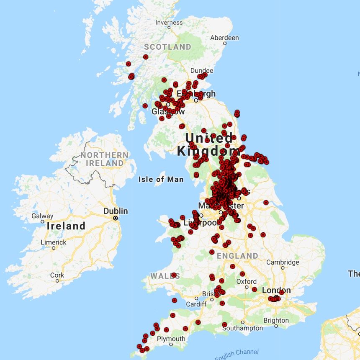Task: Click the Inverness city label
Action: click(x=169, y=23)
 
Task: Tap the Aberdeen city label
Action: click(x=224, y=38)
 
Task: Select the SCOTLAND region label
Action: click(x=167, y=47)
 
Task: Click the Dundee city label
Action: click(x=202, y=71)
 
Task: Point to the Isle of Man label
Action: click(x=161, y=180)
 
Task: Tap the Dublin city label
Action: click(x=116, y=211)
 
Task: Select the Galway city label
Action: click(x=42, y=216)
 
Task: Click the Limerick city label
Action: click(x=54, y=242)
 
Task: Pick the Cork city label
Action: click(x=57, y=275)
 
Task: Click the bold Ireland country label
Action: click(x=66, y=226)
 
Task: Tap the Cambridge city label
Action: click(x=283, y=262)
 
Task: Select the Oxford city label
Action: click(x=247, y=281)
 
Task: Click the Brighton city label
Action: click(x=276, y=321)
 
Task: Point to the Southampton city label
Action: click(x=243, y=328)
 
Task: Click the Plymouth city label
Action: click(x=171, y=339)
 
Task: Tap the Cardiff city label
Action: click(x=196, y=304)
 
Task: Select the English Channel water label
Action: click(x=237, y=354)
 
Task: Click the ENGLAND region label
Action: click(x=238, y=255)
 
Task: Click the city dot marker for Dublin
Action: click(x=115, y=218)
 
